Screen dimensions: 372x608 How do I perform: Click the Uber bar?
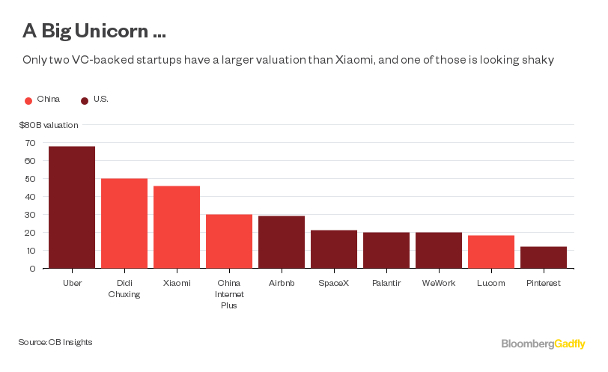click(72, 207)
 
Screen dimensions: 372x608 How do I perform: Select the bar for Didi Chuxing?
click(124, 223)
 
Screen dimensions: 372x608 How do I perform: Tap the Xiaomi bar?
click(177, 227)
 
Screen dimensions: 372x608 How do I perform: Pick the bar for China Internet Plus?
click(229, 241)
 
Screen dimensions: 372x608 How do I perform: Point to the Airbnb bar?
click(282, 242)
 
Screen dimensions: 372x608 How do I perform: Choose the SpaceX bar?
click(334, 249)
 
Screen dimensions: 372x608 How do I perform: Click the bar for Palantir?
click(386, 250)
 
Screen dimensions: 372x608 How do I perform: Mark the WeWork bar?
click(439, 250)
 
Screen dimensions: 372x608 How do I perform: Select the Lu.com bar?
click(491, 251)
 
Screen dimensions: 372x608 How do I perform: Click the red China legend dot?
click(28, 100)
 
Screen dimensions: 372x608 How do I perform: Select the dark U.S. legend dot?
click(85, 100)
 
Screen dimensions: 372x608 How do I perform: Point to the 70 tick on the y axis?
click(30, 143)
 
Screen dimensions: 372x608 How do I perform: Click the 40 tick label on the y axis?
click(30, 197)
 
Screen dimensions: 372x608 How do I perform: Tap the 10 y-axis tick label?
click(30, 251)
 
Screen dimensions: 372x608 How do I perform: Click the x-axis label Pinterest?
click(544, 284)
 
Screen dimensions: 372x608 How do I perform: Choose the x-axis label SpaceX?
click(334, 284)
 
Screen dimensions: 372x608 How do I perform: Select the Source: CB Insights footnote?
click(55, 342)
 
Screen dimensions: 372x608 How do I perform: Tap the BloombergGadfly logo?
click(543, 344)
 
